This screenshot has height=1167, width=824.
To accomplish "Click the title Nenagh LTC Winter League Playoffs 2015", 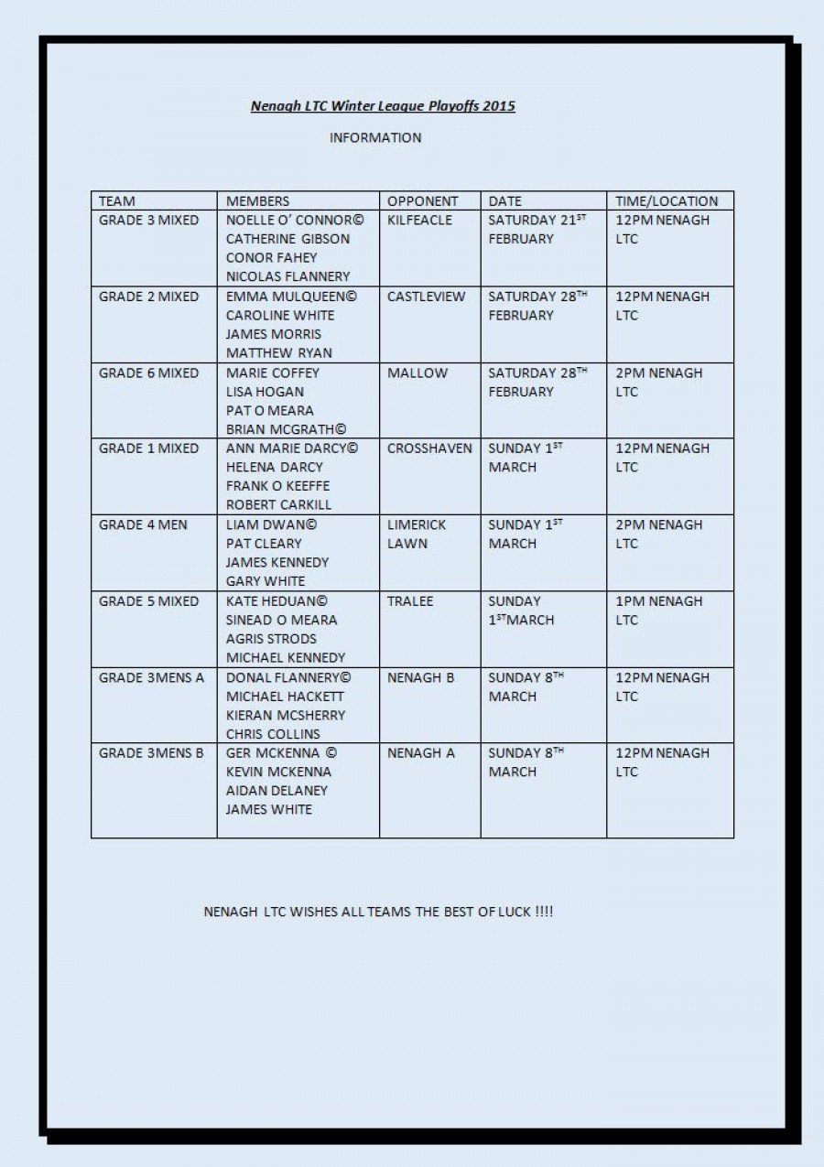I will (x=383, y=106).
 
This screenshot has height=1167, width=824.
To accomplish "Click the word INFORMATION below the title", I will (x=375, y=138).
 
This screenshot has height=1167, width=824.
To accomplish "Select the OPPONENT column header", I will (x=422, y=201).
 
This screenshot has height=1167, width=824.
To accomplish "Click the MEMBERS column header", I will (x=257, y=201).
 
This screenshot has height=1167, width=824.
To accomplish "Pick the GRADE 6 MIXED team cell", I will (x=148, y=373).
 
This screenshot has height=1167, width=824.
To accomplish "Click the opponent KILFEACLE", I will (x=419, y=221).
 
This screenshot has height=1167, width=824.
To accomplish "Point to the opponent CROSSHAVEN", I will (x=429, y=448).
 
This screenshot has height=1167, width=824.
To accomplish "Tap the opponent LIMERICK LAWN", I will (x=417, y=534).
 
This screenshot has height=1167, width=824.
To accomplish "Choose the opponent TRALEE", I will (x=410, y=601).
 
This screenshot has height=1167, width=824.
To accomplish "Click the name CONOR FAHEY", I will (x=272, y=257).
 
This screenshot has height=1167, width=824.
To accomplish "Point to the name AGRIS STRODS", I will (x=271, y=639).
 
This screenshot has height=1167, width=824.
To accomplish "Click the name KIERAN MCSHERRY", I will (x=286, y=715).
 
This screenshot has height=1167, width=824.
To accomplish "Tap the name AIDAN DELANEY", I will (x=276, y=790).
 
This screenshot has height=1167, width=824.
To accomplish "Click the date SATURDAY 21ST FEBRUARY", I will (x=536, y=229).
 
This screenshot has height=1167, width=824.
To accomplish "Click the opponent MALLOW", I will (x=417, y=373).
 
